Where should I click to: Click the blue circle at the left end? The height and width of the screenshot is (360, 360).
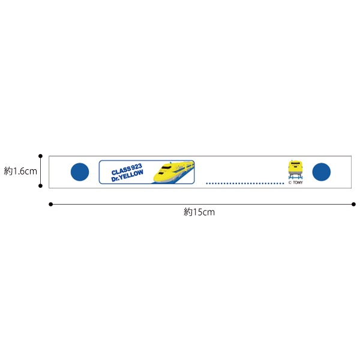pyautogui.click(x=80, y=172)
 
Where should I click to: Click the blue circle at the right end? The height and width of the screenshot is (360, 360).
pyautogui.click(x=322, y=172)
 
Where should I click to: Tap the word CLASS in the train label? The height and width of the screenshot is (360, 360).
pyautogui.click(x=121, y=170)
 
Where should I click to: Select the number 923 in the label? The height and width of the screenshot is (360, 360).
pyautogui.click(x=136, y=167)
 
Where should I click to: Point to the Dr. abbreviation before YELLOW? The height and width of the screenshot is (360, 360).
pyautogui.click(x=116, y=179)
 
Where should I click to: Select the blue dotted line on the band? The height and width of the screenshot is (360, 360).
pyautogui.click(x=245, y=183)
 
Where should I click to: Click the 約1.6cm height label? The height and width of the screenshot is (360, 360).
pyautogui.click(x=20, y=171)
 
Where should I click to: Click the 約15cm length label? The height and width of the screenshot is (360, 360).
pyautogui.click(x=199, y=212)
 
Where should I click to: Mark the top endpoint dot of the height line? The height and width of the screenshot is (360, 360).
pyautogui.click(x=40, y=156)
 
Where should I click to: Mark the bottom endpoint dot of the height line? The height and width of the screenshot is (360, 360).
pyautogui.click(x=40, y=186)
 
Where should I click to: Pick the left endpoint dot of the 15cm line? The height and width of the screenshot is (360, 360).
pyautogui.click(x=51, y=204)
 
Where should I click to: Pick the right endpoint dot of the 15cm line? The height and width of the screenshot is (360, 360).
pyautogui.click(x=353, y=204)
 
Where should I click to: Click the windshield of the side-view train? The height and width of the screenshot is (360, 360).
pyautogui.click(x=166, y=167)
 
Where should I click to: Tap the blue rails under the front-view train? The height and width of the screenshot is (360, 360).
pyautogui.click(x=295, y=178)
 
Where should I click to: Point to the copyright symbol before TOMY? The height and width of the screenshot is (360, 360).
pyautogui.click(x=290, y=183)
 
